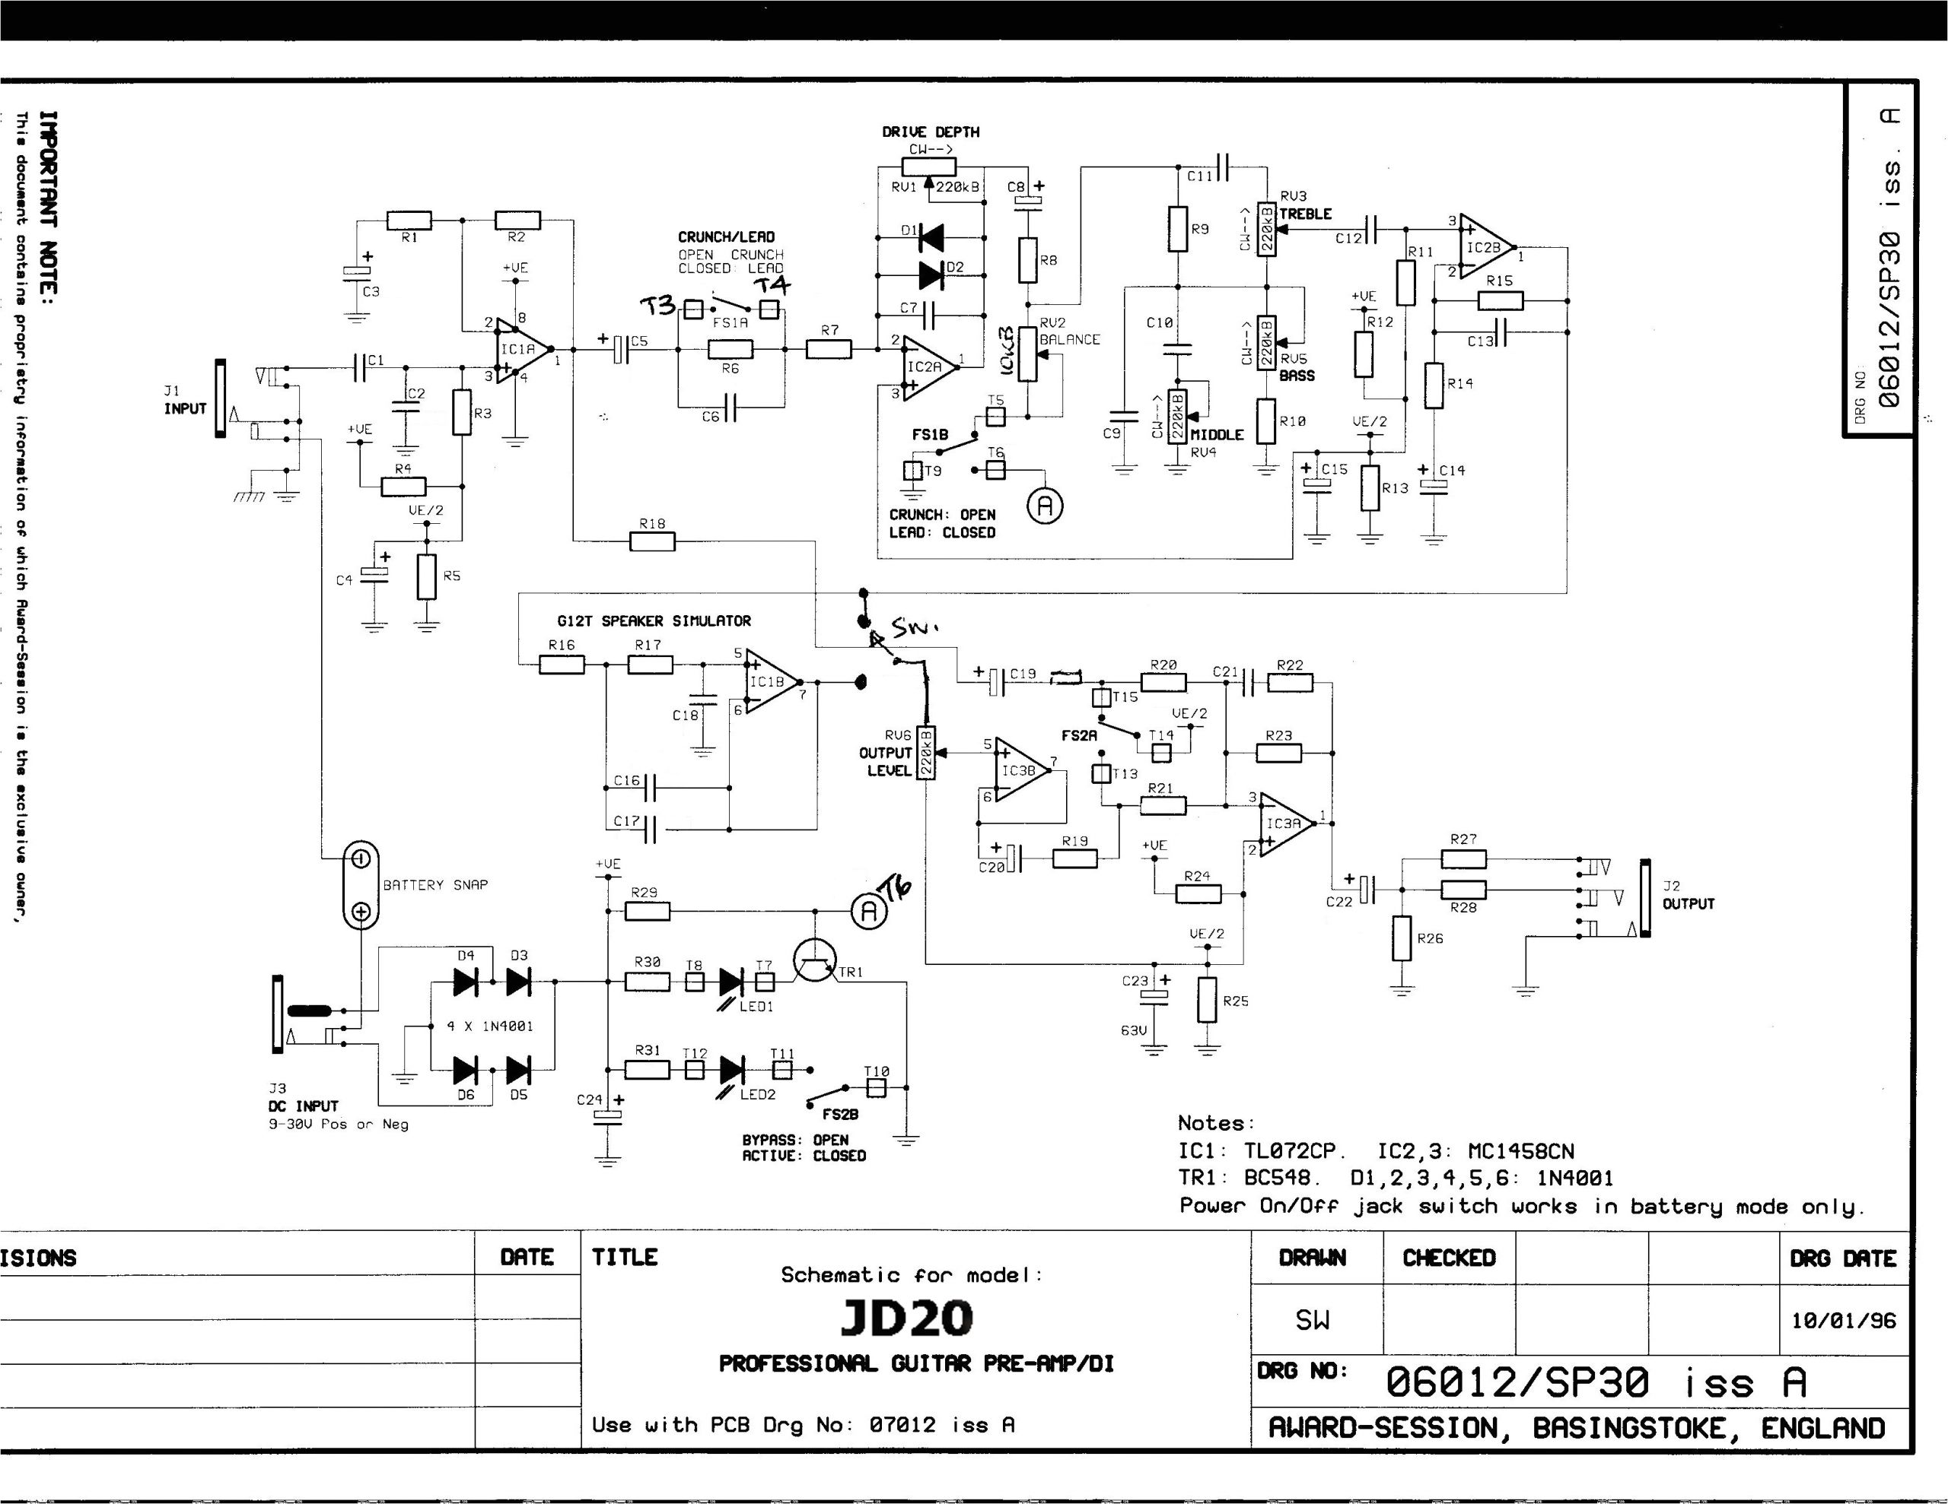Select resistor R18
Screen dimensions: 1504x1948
(x=652, y=541)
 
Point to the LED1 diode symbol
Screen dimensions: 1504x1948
(x=730, y=982)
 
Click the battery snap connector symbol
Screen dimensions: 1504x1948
(x=361, y=884)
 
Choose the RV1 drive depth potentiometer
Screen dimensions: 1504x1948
(x=928, y=167)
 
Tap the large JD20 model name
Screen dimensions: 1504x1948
(x=906, y=1318)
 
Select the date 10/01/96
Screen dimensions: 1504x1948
(x=1843, y=1319)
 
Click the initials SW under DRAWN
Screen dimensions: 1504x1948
(x=1313, y=1319)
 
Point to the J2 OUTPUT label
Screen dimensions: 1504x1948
(x=1689, y=895)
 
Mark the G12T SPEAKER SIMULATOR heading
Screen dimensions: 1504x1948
(x=654, y=620)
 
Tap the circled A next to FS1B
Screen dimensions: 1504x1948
(x=1046, y=506)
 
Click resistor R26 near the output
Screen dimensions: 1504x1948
(x=1402, y=938)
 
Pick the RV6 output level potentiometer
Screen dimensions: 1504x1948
(x=927, y=753)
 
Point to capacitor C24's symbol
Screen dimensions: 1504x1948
(x=610, y=1115)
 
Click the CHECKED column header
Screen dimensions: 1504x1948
(x=1449, y=1258)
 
